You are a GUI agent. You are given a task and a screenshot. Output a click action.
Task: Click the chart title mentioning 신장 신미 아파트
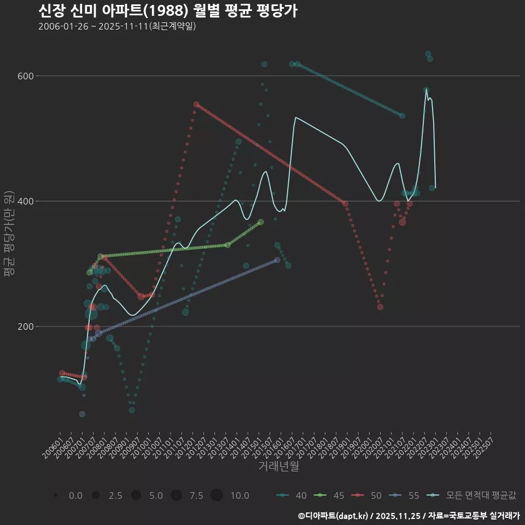[168, 11]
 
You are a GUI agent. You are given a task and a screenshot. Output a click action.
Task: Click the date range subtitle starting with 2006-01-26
[117, 26]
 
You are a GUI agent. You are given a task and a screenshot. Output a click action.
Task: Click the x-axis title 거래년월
[278, 466]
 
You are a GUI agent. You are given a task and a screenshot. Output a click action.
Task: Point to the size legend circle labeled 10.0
[217, 495]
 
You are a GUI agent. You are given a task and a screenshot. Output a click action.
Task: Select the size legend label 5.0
[156, 495]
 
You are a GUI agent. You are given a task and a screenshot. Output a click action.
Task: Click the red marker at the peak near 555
[196, 104]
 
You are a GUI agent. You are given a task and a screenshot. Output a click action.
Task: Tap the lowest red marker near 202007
[381, 307]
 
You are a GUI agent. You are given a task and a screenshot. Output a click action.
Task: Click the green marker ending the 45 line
[261, 222]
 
